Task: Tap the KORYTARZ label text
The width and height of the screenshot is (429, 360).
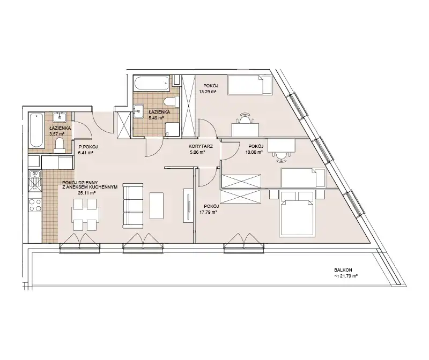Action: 201,146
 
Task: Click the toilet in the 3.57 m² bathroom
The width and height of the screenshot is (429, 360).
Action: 59,145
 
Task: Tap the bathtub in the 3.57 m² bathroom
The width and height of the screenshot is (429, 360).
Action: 36,131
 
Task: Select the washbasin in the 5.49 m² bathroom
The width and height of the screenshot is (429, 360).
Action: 138,111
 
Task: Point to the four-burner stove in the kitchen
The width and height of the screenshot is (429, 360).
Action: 35,205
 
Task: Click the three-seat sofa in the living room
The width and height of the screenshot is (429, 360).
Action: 133,206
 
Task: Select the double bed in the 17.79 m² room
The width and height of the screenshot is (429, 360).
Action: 297,214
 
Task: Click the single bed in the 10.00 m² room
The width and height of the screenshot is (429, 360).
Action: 303,177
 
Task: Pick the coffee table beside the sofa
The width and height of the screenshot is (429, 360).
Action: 157,206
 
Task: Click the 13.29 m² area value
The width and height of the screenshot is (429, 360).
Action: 208,92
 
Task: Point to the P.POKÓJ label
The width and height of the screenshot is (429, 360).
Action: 88,147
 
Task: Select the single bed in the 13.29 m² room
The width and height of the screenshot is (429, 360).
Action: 250,85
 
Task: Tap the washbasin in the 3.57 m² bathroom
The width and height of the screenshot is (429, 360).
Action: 60,117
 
